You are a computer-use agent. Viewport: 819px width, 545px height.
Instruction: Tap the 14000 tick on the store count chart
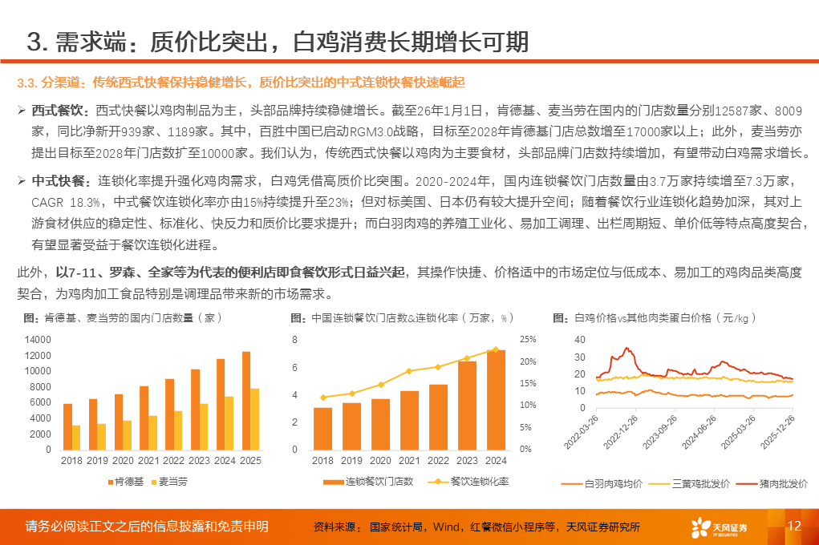coord(38,340)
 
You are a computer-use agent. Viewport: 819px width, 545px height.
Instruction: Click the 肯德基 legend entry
coord(127,482)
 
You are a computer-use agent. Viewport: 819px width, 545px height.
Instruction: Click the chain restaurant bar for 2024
coord(496,399)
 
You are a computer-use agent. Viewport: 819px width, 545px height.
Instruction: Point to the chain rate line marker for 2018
coord(323,398)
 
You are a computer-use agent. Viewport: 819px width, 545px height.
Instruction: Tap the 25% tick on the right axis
coord(527,340)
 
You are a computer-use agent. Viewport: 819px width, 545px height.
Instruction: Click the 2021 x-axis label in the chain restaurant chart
coord(409,461)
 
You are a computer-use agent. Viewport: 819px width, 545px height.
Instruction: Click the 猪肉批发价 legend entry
coord(778,484)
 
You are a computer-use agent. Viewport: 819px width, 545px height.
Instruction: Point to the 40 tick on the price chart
coord(581,340)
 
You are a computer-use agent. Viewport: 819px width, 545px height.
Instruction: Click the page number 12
coord(795,526)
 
